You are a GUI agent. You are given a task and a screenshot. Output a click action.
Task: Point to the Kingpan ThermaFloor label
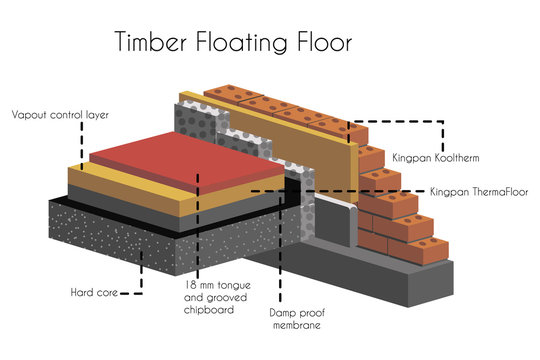pyautogui.click(x=477, y=190)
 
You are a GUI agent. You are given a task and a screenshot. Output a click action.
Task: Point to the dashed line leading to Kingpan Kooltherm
pyautogui.click(x=400, y=123)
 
